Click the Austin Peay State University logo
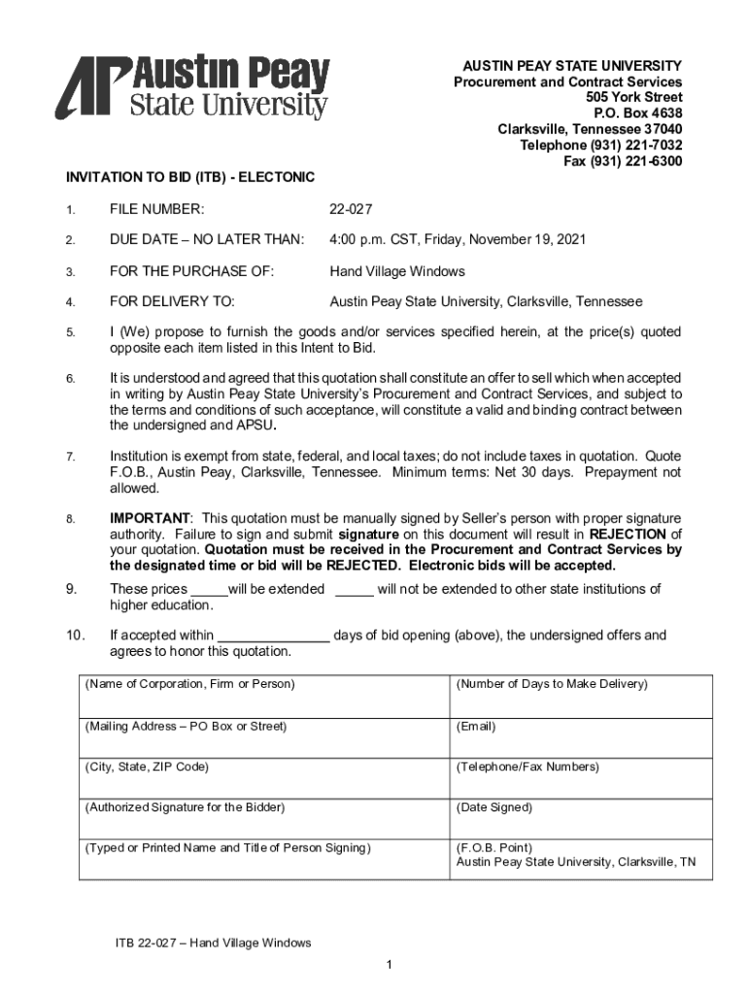click(192, 87)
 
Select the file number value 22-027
click(351, 209)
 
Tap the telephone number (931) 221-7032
click(601, 145)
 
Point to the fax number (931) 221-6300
click(623, 161)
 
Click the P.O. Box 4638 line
click(633, 113)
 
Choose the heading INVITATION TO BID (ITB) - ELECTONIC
click(190, 178)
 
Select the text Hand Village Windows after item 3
click(397, 271)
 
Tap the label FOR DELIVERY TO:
click(172, 302)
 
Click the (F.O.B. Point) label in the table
click(494, 847)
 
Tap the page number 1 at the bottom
click(388, 964)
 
